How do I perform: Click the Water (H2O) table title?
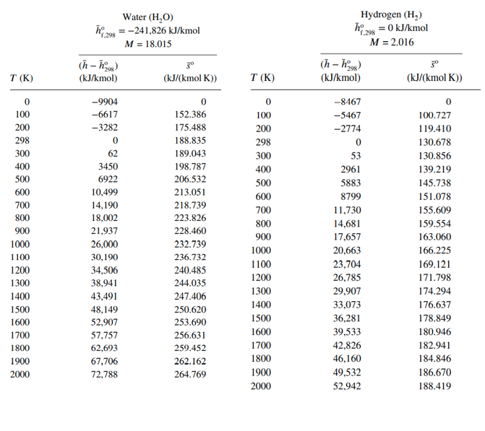(147, 17)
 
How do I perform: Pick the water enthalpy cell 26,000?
(103, 244)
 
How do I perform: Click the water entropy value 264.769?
(190, 375)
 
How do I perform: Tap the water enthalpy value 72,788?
(103, 375)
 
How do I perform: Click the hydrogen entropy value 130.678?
(434, 142)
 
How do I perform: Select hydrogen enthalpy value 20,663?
(345, 251)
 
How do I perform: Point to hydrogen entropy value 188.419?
(434, 386)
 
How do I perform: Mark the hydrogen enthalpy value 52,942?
(345, 386)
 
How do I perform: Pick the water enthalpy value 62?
(113, 154)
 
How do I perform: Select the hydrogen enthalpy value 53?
(355, 156)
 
